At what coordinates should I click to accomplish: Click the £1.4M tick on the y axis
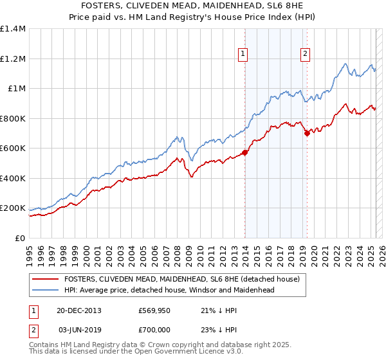[13, 29]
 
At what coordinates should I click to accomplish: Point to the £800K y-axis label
[12, 118]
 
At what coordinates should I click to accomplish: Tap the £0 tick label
[20, 238]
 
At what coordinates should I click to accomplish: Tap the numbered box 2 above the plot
[304, 55]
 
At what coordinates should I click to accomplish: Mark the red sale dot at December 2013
[245, 153]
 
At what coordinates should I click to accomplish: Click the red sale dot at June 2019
[307, 134]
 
